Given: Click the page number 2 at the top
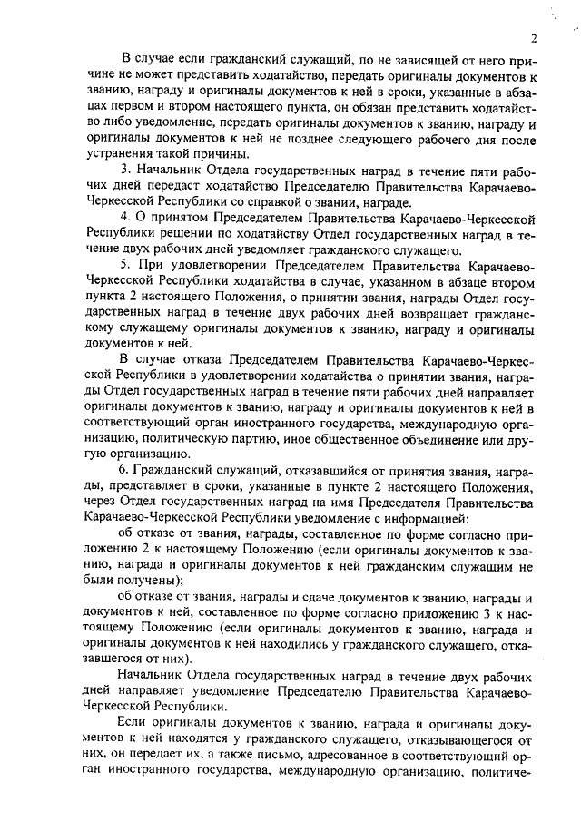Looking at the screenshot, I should [x=536, y=39].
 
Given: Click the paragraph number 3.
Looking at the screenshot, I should [x=123, y=171].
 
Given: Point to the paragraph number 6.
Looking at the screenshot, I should [x=123, y=471].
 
